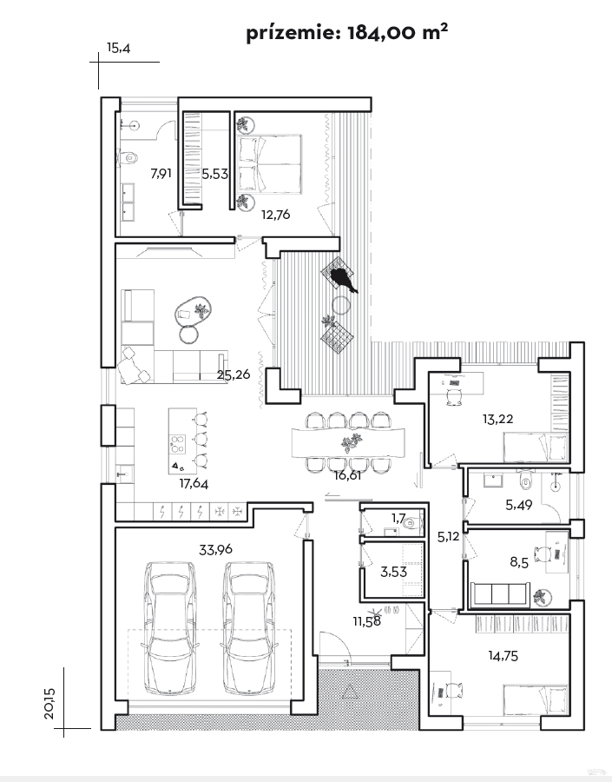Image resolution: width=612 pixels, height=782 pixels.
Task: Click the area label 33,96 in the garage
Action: pyautogui.click(x=215, y=550)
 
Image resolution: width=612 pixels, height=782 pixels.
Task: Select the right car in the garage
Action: pyautogui.click(x=248, y=628)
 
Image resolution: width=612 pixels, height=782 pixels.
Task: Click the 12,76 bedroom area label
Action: pyautogui.click(x=275, y=215)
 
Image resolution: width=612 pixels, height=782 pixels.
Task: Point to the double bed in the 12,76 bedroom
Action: pyautogui.click(x=270, y=163)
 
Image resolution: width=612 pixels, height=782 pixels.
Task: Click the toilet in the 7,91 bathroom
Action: pyautogui.click(x=128, y=158)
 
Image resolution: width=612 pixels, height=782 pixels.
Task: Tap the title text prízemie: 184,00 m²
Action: pyautogui.click(x=347, y=33)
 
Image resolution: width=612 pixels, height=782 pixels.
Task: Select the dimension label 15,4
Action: pyautogui.click(x=118, y=48)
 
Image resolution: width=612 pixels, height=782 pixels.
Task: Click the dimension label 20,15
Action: pyautogui.click(x=49, y=703)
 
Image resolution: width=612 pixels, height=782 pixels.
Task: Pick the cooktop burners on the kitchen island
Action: pyautogui.click(x=178, y=444)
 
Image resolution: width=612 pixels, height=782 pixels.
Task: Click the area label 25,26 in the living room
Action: pyautogui.click(x=234, y=374)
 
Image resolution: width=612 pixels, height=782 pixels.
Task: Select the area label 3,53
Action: pyautogui.click(x=394, y=572)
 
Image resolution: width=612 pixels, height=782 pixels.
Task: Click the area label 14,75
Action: pyautogui.click(x=503, y=656)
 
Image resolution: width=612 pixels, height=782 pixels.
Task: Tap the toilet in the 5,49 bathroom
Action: pyautogui.click(x=525, y=480)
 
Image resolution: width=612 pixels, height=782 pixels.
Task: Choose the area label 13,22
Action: pyautogui.click(x=497, y=419)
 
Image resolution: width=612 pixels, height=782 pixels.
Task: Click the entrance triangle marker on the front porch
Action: pyautogui.click(x=350, y=692)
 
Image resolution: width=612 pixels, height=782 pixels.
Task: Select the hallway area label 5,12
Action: pyautogui.click(x=448, y=537)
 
